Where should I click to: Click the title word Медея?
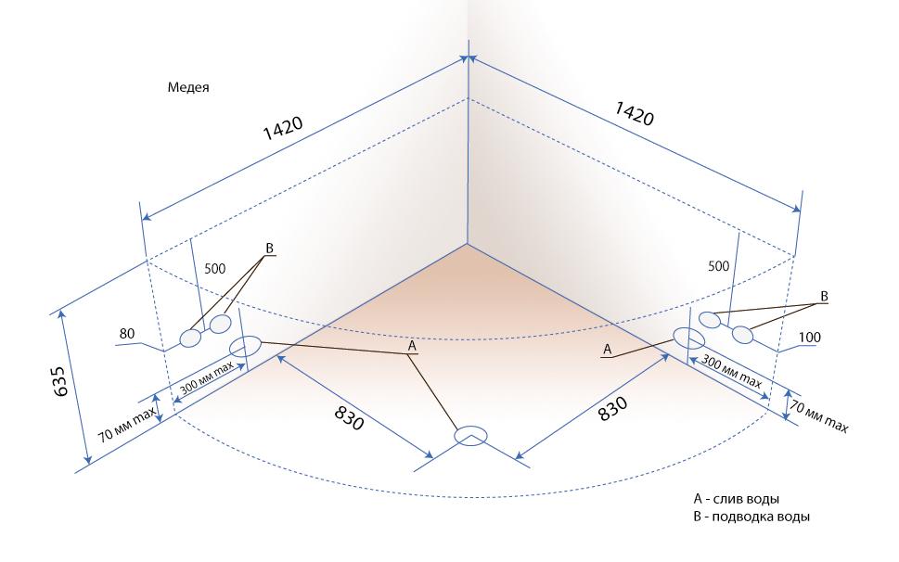coord(188,87)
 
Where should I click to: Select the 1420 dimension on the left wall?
coord(283,129)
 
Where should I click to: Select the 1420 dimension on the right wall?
coord(634,113)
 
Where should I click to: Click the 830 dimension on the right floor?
coord(612,408)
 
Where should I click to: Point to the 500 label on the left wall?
coord(215,268)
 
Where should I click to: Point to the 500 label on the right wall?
coord(718,266)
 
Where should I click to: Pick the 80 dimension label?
coord(127,334)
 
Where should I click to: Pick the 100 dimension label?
coord(810,338)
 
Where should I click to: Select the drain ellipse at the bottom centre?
coord(470,436)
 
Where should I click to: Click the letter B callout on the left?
coord(269,249)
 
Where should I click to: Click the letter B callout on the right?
coord(825,296)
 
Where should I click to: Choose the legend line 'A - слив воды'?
coord(736,498)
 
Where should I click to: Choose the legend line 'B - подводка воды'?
coord(751,517)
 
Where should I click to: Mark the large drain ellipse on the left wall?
coord(245,346)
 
